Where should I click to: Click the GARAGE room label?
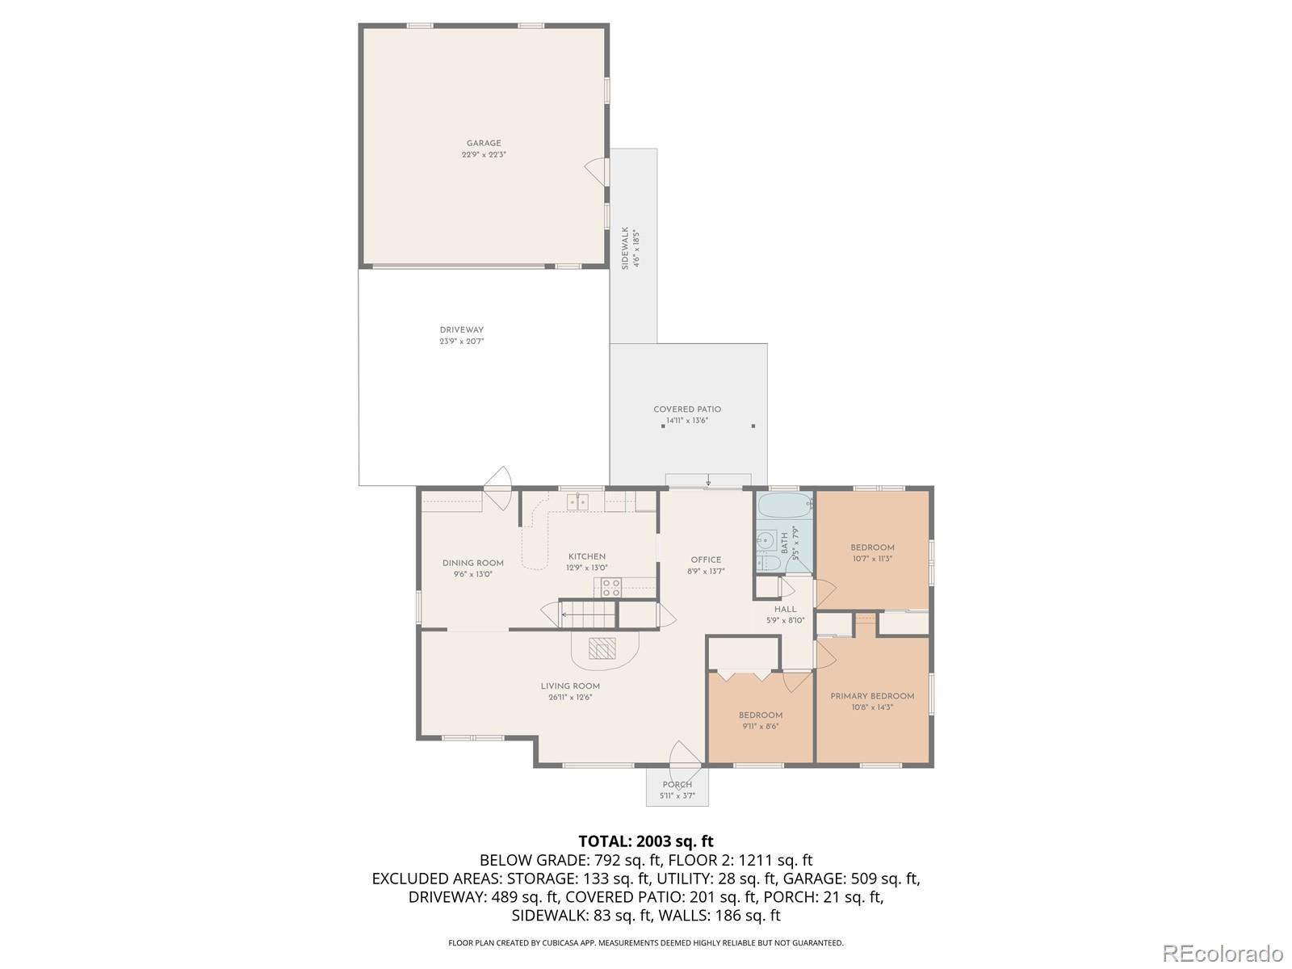484,144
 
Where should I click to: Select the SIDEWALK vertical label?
625,248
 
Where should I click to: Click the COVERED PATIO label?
687,409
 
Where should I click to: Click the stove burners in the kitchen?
611,587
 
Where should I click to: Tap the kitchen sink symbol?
577,502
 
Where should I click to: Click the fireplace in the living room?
602,648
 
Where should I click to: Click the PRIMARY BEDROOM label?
872,696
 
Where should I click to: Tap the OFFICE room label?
706,560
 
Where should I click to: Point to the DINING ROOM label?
472,564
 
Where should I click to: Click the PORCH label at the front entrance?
677,785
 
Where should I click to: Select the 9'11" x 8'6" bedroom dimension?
760,727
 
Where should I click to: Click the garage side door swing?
596,170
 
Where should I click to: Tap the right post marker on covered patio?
753,426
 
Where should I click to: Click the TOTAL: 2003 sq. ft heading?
646,841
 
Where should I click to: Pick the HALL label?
785,610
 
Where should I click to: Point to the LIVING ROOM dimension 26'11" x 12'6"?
570,698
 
